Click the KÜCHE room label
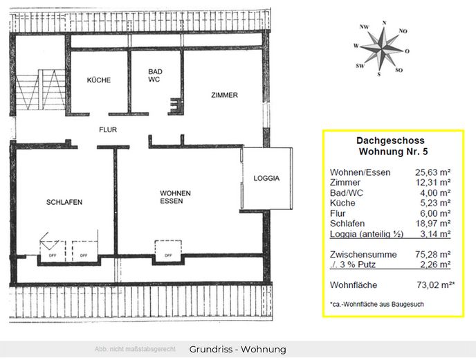coord(99,80)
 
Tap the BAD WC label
coord(155,75)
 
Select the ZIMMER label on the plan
coord(224,95)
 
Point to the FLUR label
coord(108,129)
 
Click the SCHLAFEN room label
coord(64,202)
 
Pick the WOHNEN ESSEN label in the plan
coord(175,197)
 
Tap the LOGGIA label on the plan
coord(266,179)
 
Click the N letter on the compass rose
coord(384,23)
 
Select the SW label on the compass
coord(360,66)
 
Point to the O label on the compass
coord(407,51)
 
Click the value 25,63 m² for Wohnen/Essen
coord(432,172)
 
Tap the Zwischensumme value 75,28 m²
coord(432,254)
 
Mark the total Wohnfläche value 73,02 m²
coord(435,285)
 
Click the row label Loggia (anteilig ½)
coord(367,234)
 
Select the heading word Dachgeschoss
coord(390,141)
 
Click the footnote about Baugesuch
coord(377,304)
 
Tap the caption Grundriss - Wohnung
coord(237,350)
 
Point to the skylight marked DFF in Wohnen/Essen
coord(168,251)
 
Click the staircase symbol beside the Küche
coord(40,89)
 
